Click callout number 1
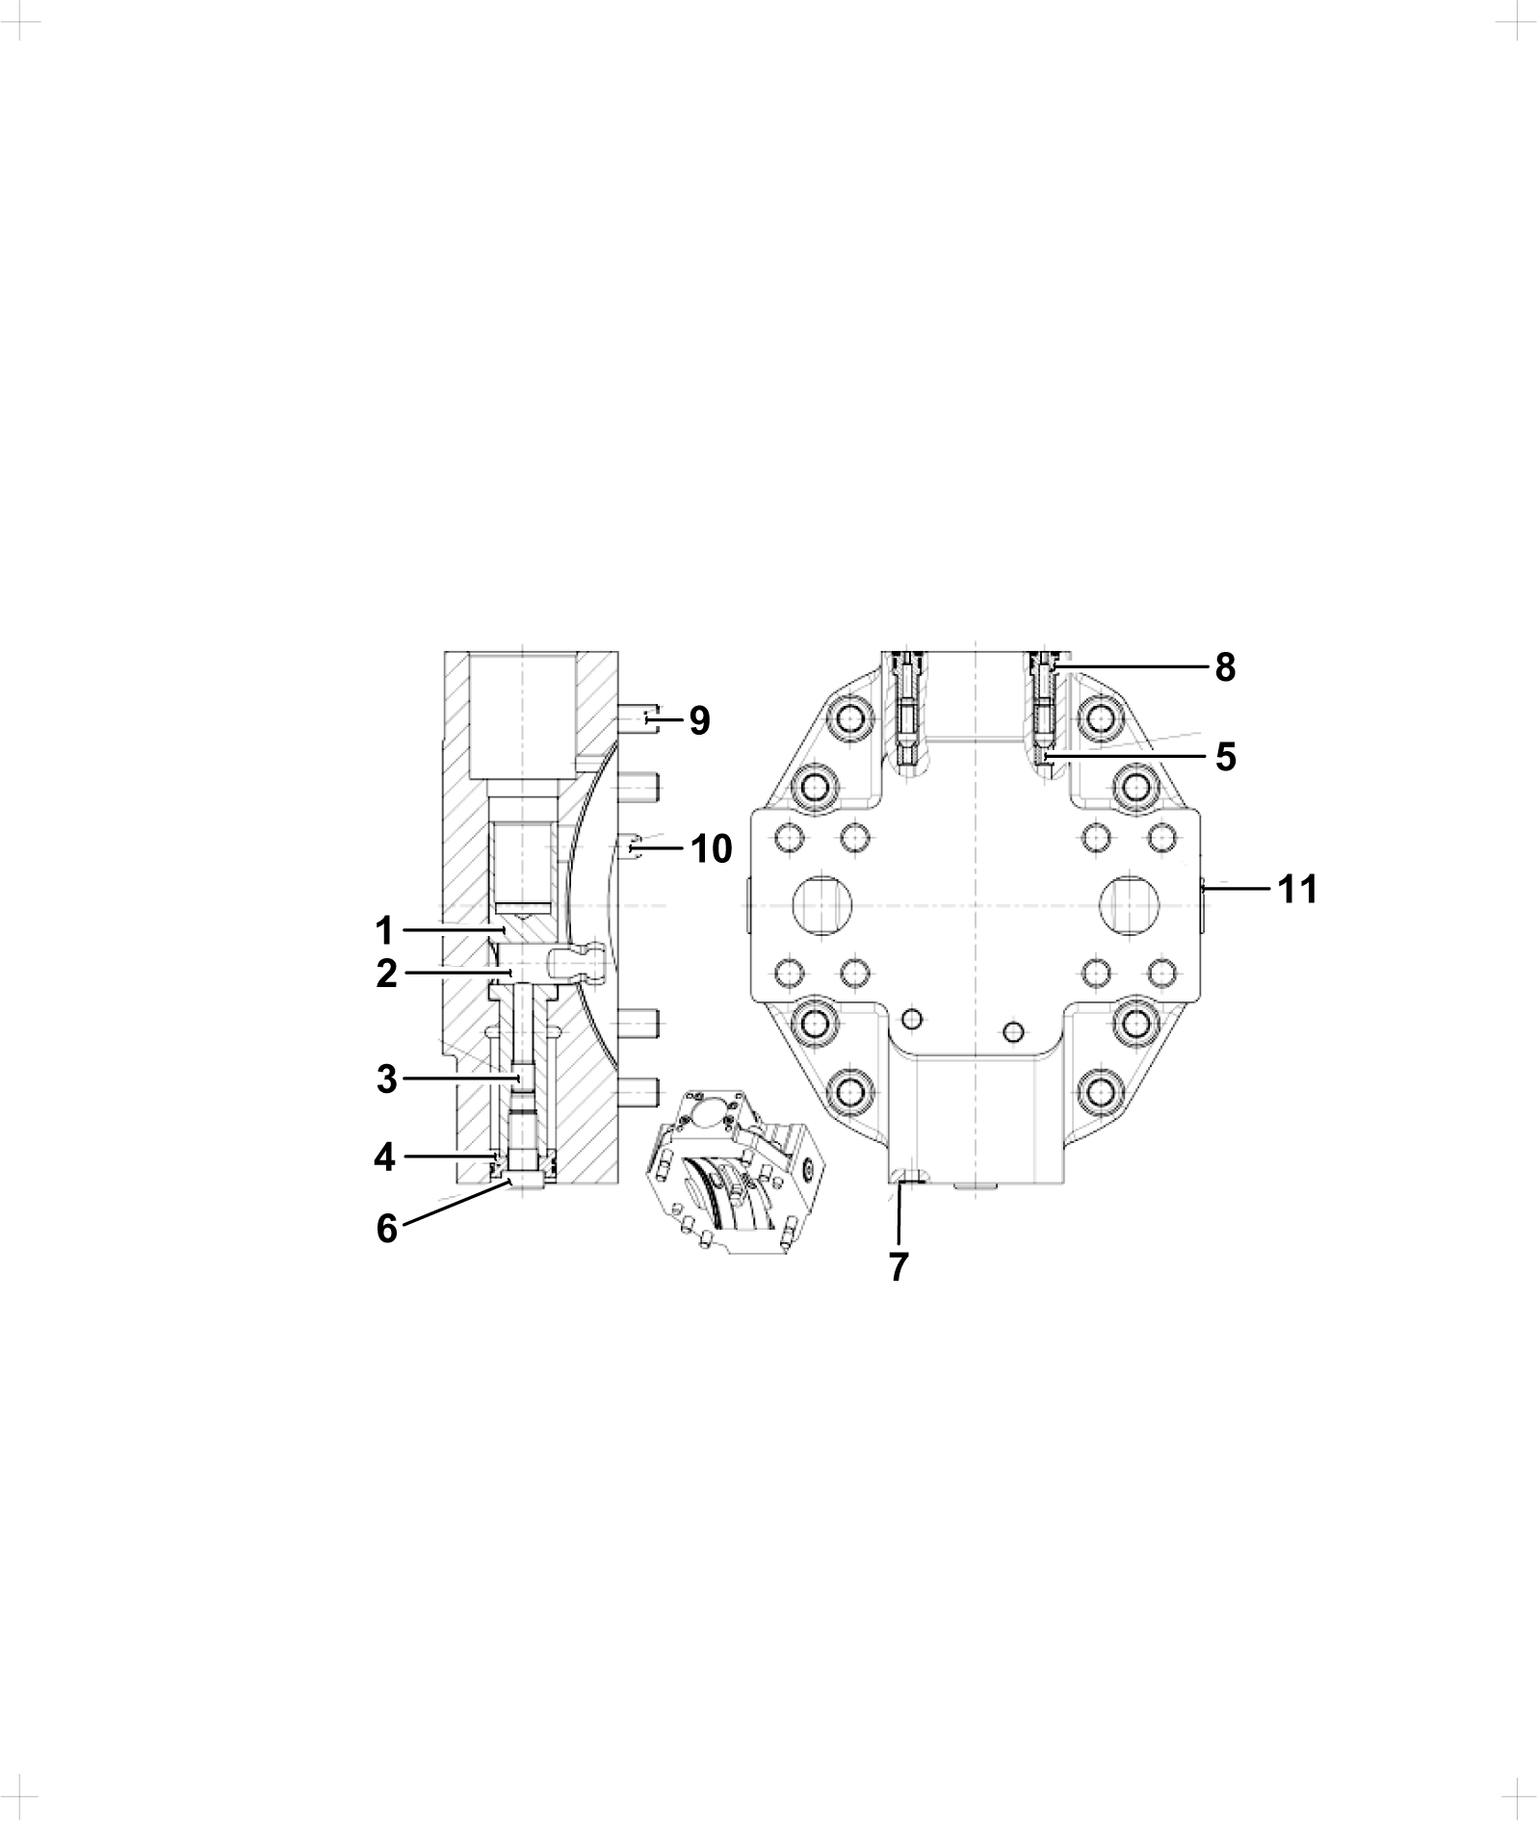(384, 931)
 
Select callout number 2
(386, 975)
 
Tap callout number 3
(386, 1080)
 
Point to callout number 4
(385, 1157)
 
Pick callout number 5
(1225, 757)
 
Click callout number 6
(386, 1228)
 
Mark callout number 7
(898, 1268)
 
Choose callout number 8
(1225, 667)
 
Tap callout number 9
(700, 720)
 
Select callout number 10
(711, 849)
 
